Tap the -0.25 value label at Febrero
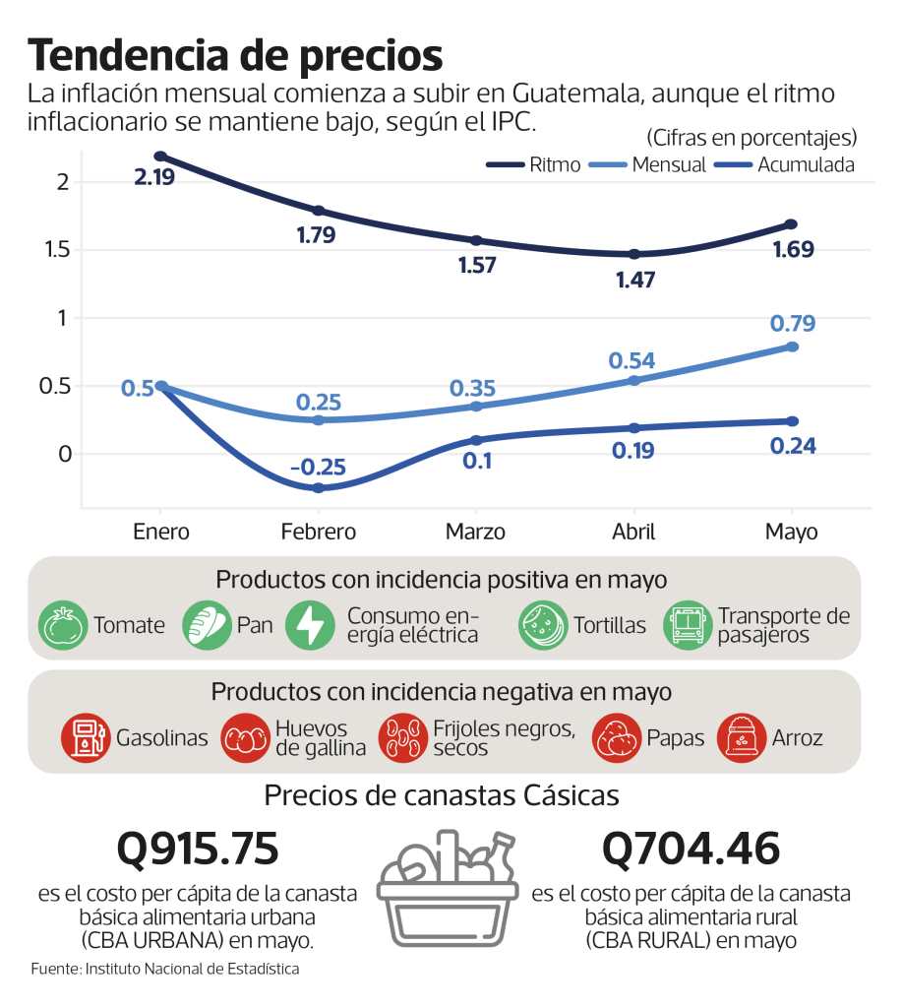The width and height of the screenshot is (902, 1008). (317, 468)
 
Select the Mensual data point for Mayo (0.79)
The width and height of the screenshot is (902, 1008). (793, 346)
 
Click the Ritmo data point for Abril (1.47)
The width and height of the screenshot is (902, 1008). (634, 254)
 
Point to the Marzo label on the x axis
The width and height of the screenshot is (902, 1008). (475, 532)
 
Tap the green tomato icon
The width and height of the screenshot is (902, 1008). (63, 625)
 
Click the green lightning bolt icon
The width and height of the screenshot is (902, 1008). (310, 625)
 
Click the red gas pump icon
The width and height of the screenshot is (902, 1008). (85, 737)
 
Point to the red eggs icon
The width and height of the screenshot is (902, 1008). (244, 737)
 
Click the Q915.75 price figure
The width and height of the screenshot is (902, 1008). (198, 849)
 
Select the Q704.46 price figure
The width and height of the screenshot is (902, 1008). (691, 849)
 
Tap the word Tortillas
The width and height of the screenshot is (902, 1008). (610, 625)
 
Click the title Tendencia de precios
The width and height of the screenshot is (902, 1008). (235, 55)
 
